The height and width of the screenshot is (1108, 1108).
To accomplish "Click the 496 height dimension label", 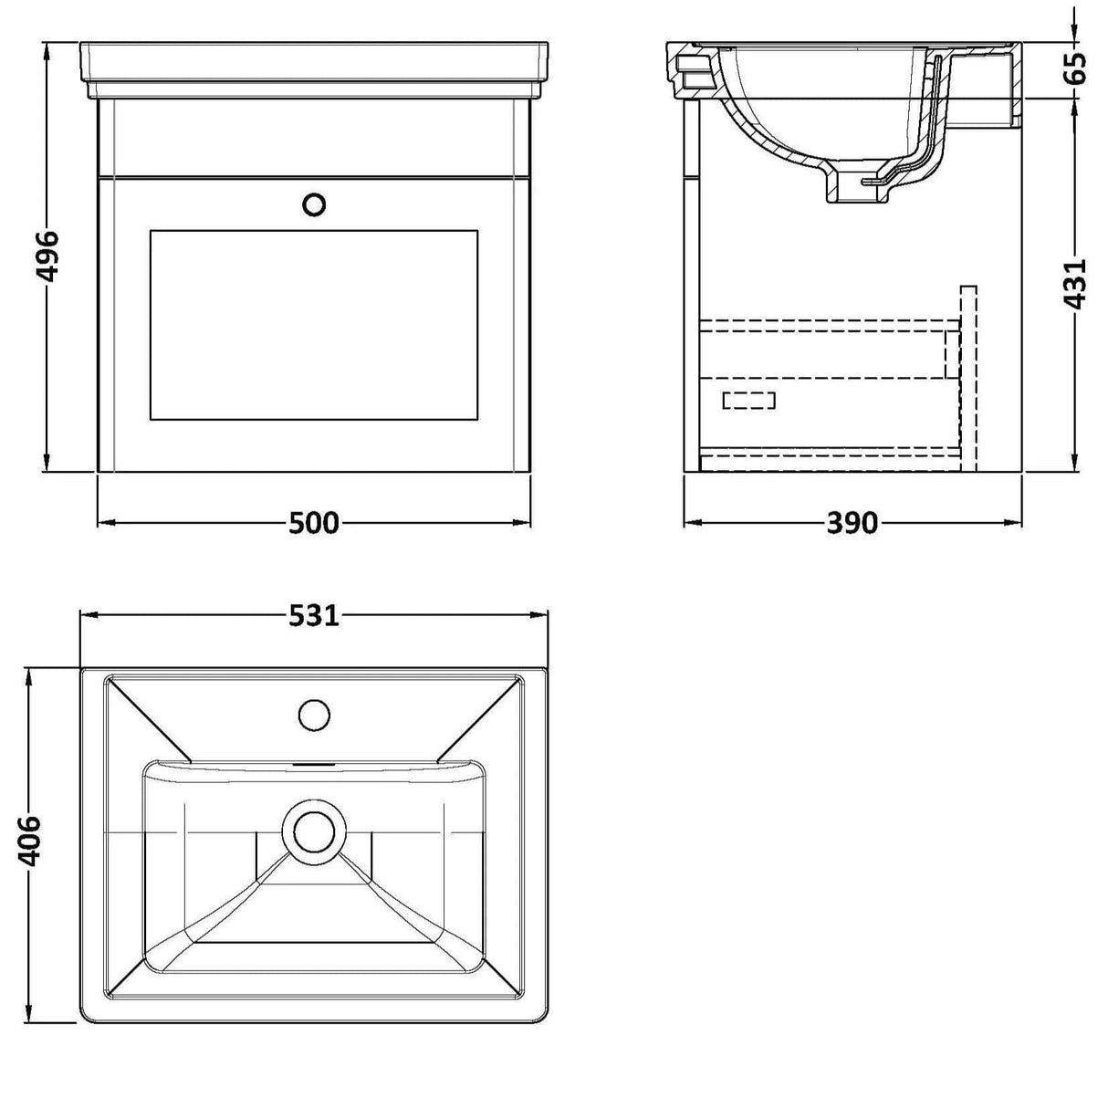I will pos(47,256).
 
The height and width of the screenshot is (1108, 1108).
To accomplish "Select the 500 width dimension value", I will pos(313,523).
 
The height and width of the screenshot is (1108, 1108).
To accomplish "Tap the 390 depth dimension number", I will pos(852,523).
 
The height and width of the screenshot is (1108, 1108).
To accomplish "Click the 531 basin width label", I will pos(313,616).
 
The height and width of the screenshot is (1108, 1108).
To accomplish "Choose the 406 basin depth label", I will pos(30,839).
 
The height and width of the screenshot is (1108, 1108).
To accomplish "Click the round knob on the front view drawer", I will pos(314,204).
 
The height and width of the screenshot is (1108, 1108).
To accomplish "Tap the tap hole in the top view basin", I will pos(314,714).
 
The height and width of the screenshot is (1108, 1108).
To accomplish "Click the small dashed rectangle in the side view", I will pos(748,400).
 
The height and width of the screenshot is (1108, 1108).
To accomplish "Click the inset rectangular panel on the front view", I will pos(313,325).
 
